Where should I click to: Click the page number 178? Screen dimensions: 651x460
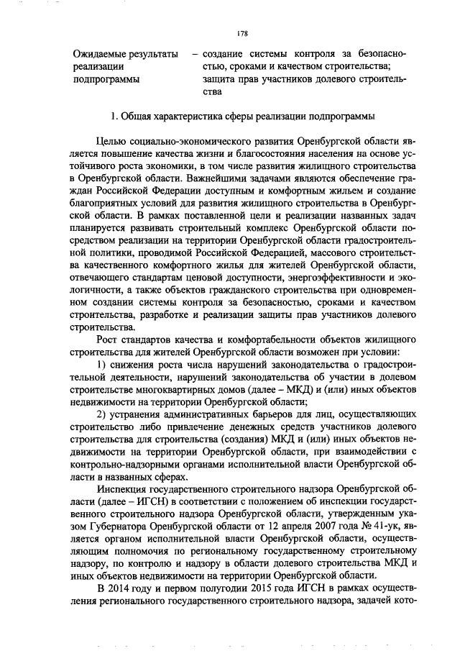pos(242,33)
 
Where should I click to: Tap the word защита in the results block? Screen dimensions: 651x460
pos(221,79)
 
